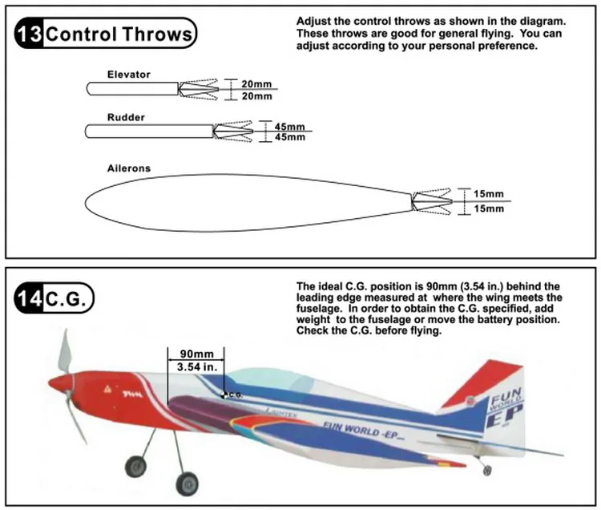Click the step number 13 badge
[29, 34]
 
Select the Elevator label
[128, 75]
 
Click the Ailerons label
[129, 168]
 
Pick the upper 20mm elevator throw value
[256, 83]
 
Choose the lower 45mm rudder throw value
[289, 137]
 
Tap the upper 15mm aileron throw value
[488, 194]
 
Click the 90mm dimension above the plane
[196, 354]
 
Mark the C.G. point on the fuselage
[224, 395]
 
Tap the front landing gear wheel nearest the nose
[134, 465]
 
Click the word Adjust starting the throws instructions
[314, 20]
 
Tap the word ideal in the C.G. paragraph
[331, 286]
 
